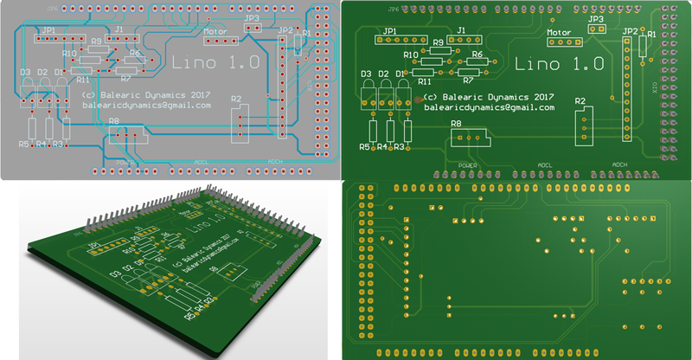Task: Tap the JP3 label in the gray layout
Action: (x=252, y=17)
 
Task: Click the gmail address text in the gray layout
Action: (x=146, y=105)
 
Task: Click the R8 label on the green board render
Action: (x=456, y=125)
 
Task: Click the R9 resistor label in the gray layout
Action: (x=96, y=42)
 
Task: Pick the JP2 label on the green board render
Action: (x=629, y=30)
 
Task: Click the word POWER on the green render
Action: (x=468, y=164)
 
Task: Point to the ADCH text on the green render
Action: (x=620, y=164)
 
